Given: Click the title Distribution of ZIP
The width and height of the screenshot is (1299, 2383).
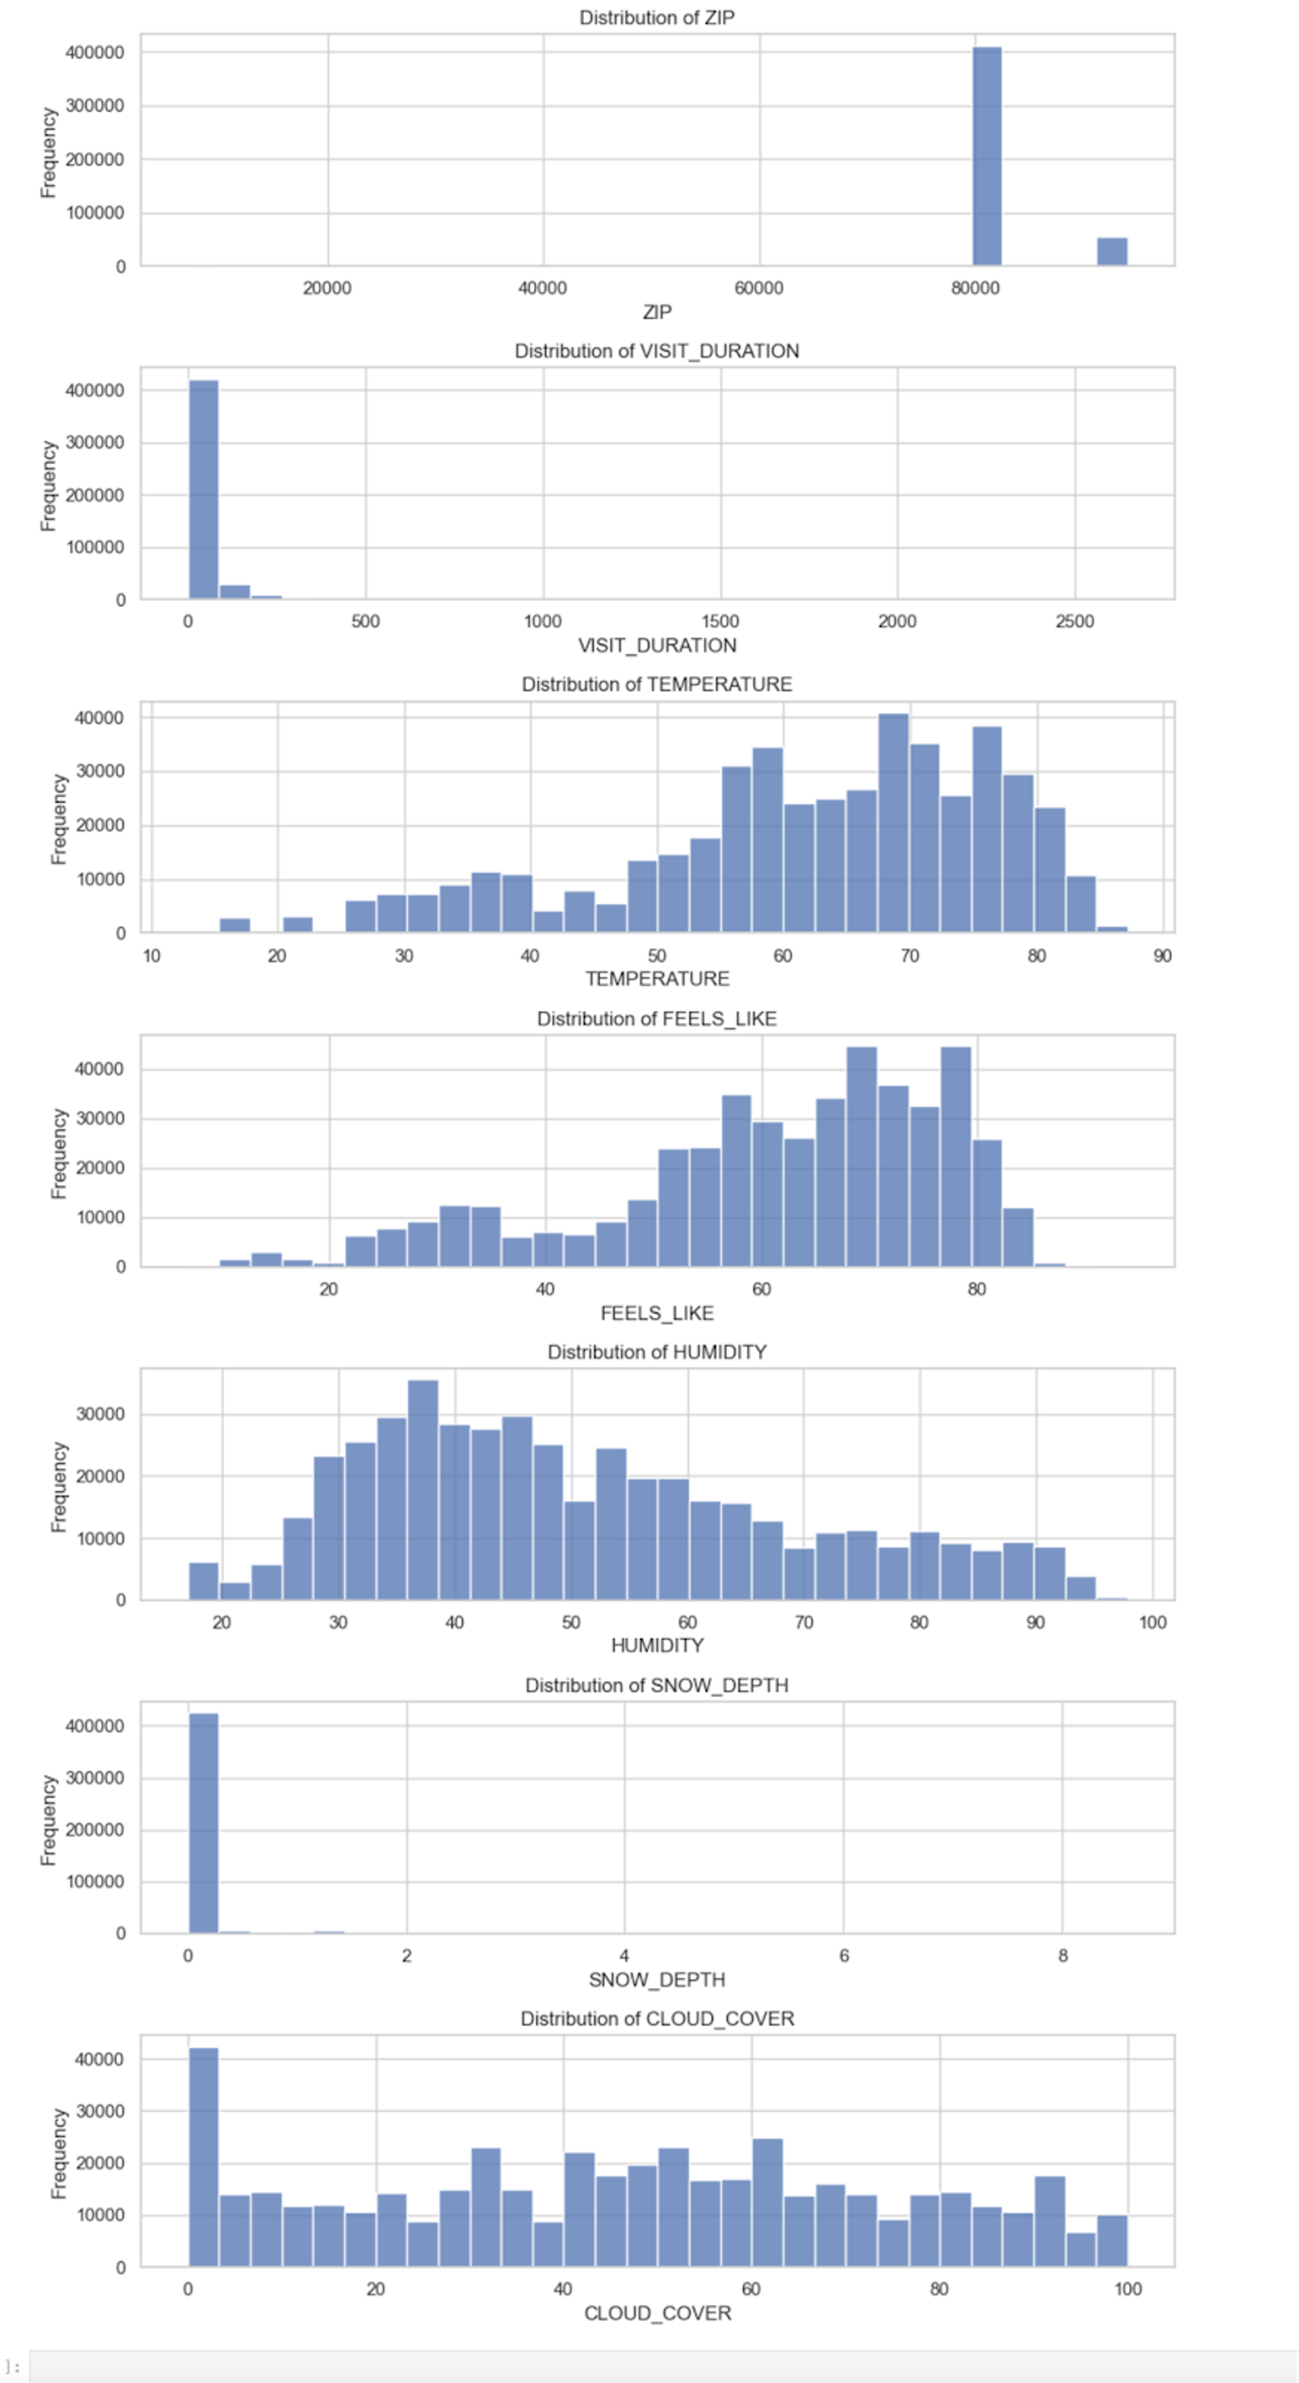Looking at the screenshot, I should click(657, 18).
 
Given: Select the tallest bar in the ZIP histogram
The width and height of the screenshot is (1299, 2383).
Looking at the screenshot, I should click(987, 157).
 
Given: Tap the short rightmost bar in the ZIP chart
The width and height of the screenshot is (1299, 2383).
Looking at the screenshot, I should click(1111, 252).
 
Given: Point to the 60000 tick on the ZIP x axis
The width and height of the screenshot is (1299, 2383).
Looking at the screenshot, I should click(759, 288).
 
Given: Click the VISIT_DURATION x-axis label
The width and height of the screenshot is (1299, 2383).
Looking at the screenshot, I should click(657, 645).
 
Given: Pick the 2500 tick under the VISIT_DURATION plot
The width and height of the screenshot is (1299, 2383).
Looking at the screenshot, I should click(1074, 621).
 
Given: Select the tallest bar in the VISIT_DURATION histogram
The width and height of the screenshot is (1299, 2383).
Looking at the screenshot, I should click(203, 490).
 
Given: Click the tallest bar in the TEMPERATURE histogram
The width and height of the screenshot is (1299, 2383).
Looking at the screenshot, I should click(893, 824).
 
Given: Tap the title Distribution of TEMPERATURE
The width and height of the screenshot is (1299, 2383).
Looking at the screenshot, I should click(657, 684).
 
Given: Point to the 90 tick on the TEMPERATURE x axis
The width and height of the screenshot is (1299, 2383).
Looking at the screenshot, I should click(1162, 956).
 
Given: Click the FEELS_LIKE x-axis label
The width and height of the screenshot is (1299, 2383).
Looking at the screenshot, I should click(657, 1312).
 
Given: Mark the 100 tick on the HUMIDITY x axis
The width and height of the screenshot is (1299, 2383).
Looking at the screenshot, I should click(1152, 1622).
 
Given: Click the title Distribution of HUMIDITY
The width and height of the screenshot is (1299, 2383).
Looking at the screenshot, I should click(657, 1351).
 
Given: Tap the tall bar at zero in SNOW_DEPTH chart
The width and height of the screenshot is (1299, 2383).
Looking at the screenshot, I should click(203, 1823).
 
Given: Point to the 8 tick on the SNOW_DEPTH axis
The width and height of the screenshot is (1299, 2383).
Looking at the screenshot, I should click(1063, 1955).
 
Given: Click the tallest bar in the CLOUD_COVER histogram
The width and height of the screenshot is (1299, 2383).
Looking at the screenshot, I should click(203, 2157).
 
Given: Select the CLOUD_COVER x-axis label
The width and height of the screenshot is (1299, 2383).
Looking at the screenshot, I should click(657, 2313).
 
